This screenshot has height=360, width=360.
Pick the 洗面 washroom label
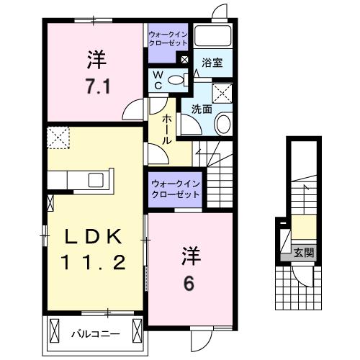(x=201, y=109)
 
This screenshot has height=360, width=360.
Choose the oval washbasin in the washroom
(x=222, y=123)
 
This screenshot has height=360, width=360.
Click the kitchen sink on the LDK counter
(x=96, y=179)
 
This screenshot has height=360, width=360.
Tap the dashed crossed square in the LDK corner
(x=57, y=136)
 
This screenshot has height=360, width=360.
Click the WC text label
(x=155, y=80)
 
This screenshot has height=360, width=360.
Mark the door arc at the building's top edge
(x=220, y=12)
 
